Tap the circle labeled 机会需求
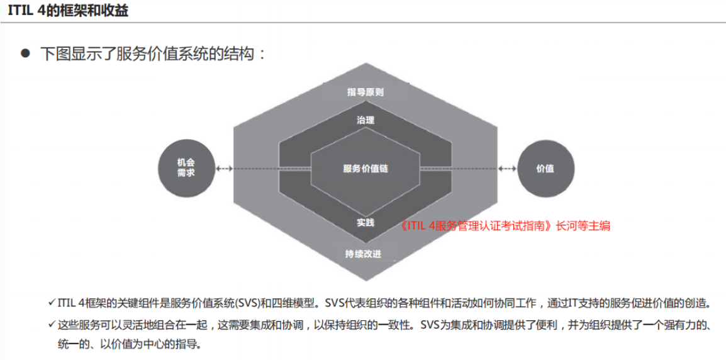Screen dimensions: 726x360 point(186,168)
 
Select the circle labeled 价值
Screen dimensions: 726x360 point(545,168)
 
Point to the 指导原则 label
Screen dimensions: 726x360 point(366,92)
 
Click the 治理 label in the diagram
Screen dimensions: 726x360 point(366,120)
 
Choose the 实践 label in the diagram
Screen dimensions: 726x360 point(366,222)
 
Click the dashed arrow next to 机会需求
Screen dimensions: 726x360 point(224,169)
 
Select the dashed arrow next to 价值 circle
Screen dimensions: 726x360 point(508,169)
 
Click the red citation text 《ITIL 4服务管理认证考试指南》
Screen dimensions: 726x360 point(476,226)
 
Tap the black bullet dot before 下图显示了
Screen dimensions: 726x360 point(25,53)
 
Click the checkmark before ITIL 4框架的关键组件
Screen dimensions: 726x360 point(52,303)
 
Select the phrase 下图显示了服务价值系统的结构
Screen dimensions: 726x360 point(148,53)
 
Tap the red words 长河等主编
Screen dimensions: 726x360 point(583,226)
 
